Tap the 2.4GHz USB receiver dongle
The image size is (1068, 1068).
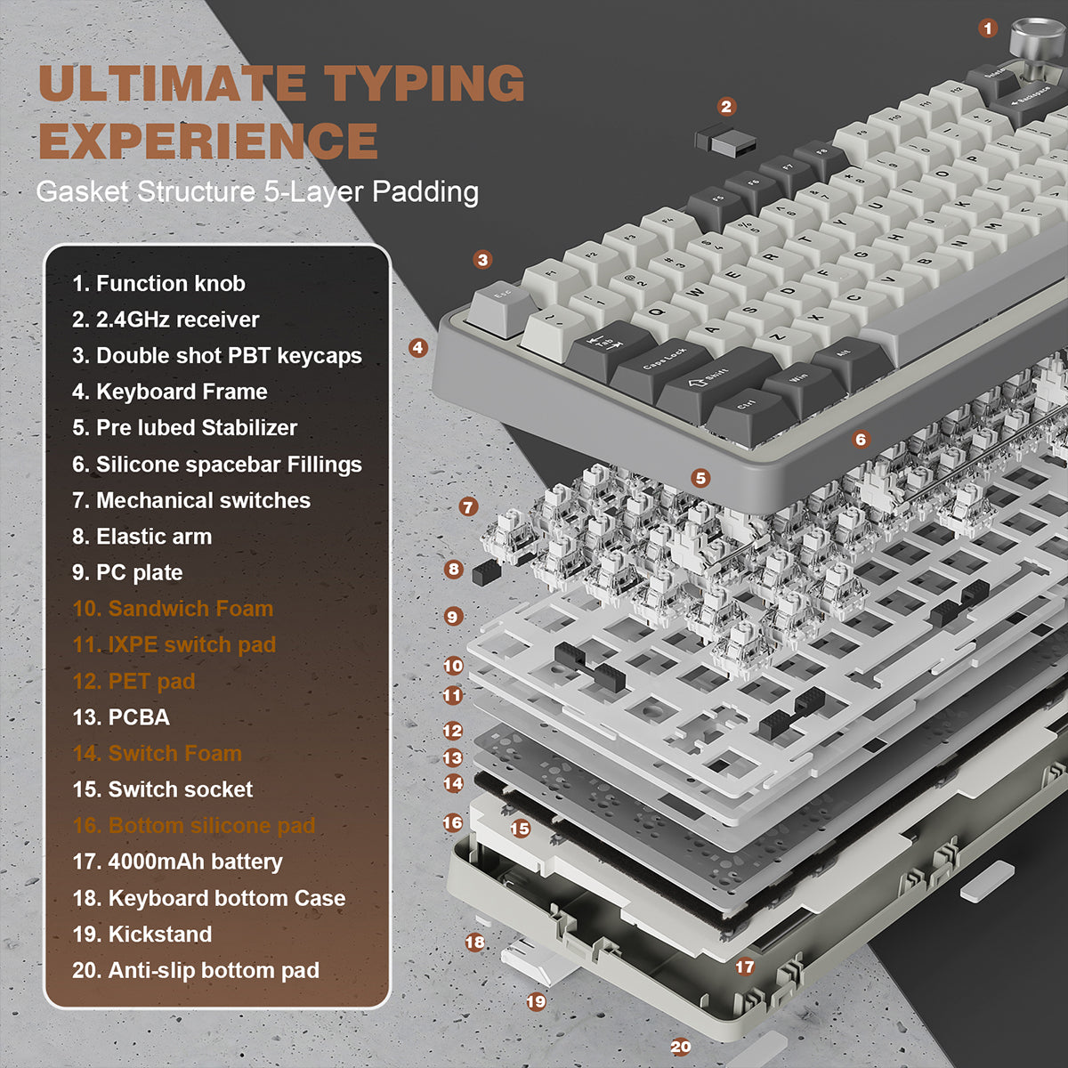pos(725,141)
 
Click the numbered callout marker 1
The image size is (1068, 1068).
pos(988,28)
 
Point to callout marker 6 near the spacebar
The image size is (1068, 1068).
pos(860,439)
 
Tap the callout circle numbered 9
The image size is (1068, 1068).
pos(453,616)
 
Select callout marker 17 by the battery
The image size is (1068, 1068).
pos(744,967)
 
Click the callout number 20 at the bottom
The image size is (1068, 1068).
pos(681,1047)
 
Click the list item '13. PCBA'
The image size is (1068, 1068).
pos(121,717)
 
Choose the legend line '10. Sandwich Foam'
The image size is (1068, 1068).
pos(173,609)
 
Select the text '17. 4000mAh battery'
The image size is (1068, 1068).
pos(177,862)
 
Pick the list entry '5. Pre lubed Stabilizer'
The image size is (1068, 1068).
pos(184,427)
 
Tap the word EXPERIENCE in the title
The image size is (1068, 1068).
pos(208,141)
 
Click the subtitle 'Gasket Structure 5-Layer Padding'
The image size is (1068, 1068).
pos(257,191)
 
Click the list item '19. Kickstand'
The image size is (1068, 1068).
pos(142,934)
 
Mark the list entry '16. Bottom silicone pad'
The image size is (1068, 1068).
pos(194,825)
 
